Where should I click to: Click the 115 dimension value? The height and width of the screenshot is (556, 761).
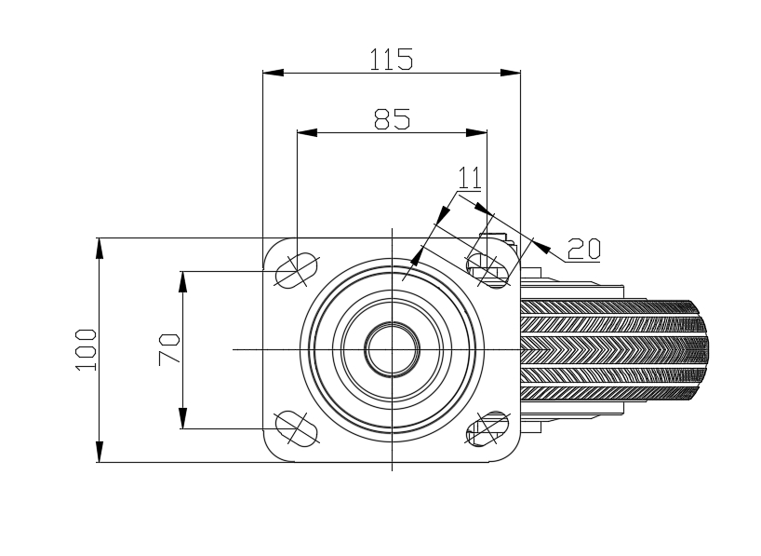(x=391, y=60)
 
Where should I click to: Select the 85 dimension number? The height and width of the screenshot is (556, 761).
(x=393, y=119)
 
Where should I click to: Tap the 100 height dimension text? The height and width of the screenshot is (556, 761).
(x=87, y=350)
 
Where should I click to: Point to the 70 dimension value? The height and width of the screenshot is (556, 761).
(x=169, y=349)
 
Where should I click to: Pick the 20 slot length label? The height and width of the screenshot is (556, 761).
(x=584, y=249)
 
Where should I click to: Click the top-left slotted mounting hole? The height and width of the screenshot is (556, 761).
(x=296, y=270)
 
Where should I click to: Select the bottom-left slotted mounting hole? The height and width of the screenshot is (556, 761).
(x=296, y=428)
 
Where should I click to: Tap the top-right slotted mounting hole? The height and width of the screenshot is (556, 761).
(x=487, y=271)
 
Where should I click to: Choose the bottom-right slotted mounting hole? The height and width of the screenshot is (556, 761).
(x=487, y=428)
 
